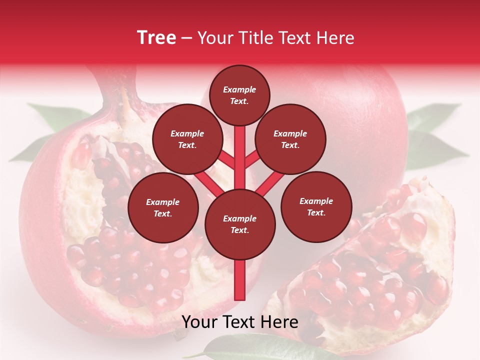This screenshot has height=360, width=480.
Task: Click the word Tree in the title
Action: (x=156, y=38)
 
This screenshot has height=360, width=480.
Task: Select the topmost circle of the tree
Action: (x=239, y=95)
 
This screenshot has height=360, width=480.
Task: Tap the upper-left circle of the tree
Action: (x=187, y=139)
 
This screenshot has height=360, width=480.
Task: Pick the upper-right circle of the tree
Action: (x=290, y=139)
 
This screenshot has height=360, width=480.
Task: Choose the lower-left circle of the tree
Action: (x=163, y=208)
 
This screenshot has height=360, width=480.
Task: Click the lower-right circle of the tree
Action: (x=316, y=207)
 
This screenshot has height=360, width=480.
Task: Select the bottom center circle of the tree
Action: (x=240, y=224)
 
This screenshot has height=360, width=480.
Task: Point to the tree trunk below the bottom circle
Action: (x=240, y=280)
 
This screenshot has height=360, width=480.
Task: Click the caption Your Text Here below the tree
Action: (x=240, y=322)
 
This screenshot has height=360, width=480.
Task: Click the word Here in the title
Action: (x=335, y=38)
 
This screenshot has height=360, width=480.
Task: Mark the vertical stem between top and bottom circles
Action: (x=240, y=155)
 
